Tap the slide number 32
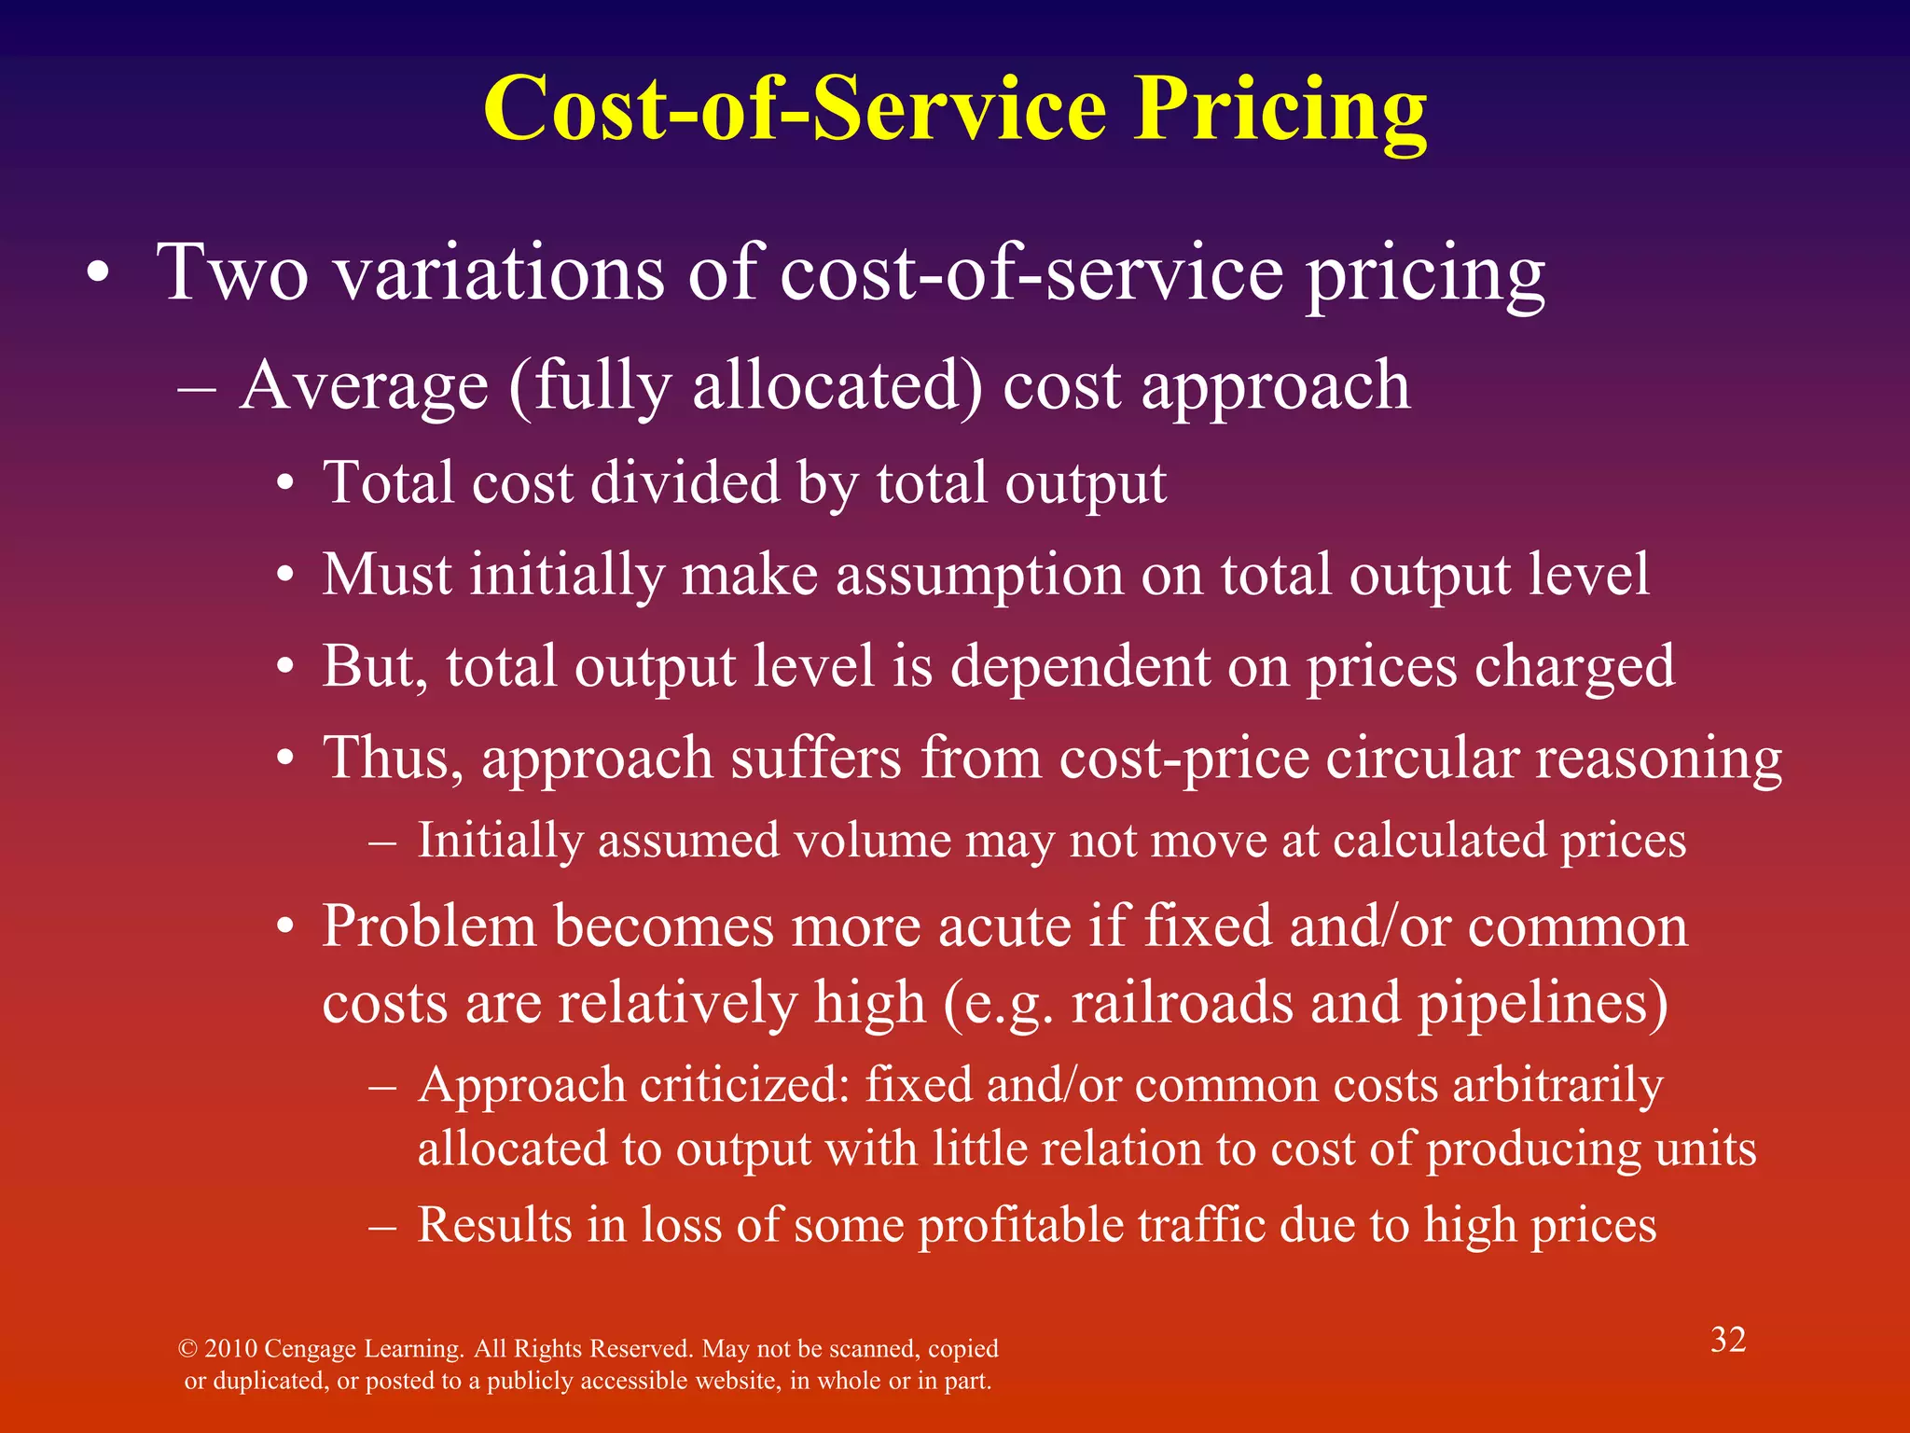(x=1727, y=1340)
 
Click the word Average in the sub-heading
(x=364, y=386)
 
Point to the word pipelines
(x=1543, y=1004)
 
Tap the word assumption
(x=979, y=575)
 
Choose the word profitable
(x=1020, y=1225)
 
